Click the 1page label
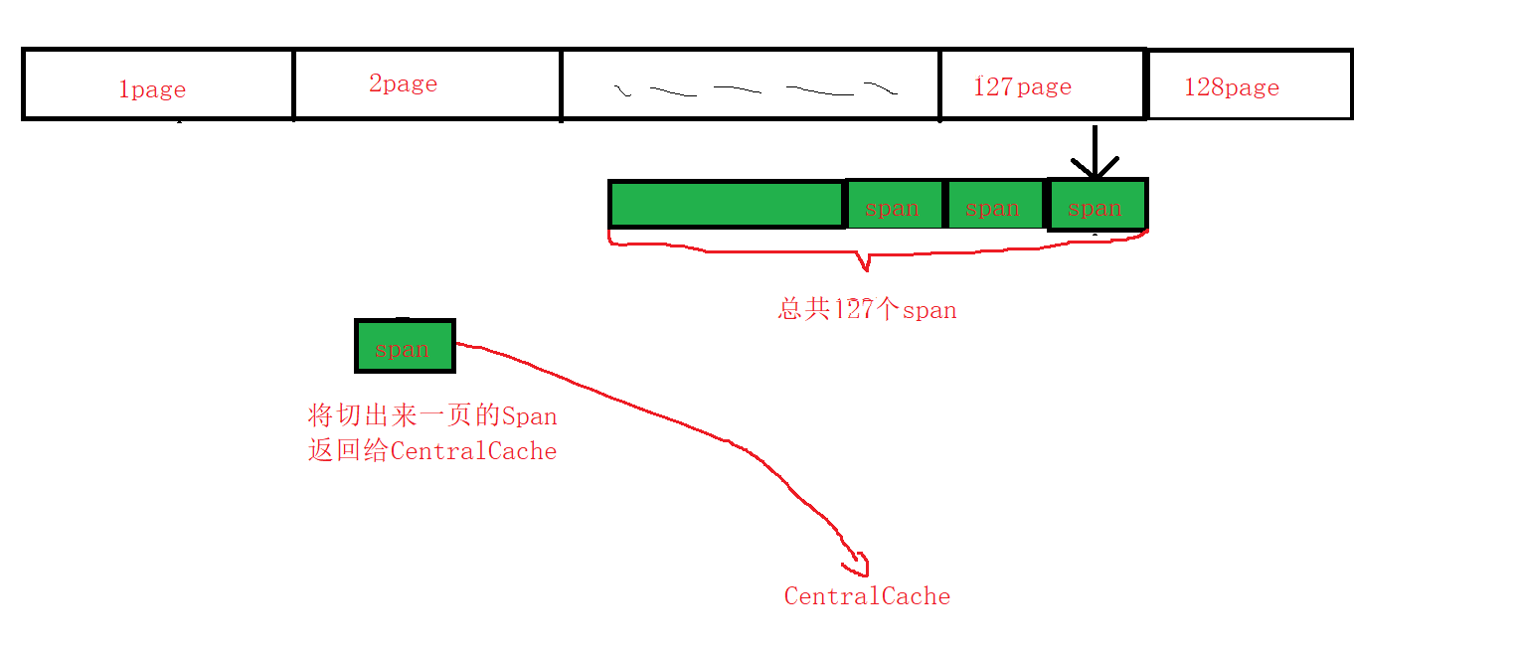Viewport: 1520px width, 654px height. tap(152, 89)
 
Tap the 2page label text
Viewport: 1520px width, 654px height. tap(403, 83)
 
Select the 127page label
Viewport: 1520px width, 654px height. tap(1022, 86)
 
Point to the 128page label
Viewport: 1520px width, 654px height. tap(1231, 87)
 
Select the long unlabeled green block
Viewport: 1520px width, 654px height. tap(726, 205)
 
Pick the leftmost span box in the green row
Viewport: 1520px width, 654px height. tap(893, 208)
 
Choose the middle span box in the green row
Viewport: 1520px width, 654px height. tap(993, 208)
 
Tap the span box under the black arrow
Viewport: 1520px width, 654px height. tap(1096, 208)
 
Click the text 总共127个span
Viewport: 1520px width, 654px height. tap(867, 309)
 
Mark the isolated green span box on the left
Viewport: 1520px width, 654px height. tap(404, 347)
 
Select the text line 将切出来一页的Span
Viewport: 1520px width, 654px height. tap(432, 415)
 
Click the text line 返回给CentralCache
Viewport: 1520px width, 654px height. tap(432, 451)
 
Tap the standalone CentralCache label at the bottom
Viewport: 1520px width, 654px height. tap(867, 596)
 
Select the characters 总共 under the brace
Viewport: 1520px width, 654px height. tap(803, 309)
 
